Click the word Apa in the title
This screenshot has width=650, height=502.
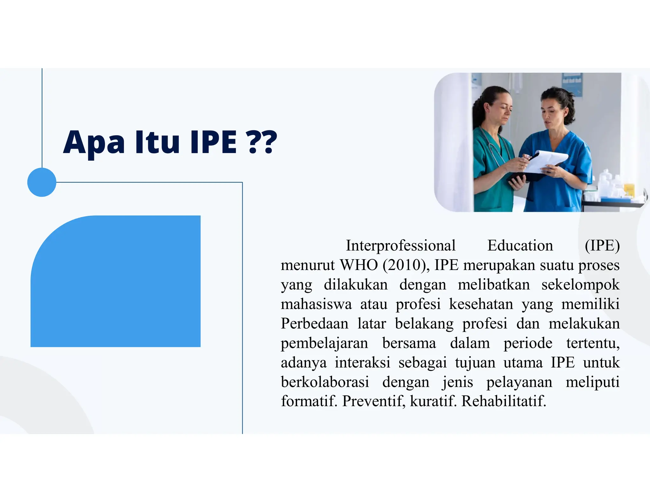tap(94, 143)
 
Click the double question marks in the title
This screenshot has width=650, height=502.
tap(262, 142)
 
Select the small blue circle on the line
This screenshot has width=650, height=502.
tap(42, 182)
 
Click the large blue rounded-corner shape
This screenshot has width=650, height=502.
tap(116, 281)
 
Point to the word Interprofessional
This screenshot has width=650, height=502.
tap(401, 246)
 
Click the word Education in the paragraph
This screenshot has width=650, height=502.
tap(520, 246)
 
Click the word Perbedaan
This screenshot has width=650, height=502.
tap(315, 324)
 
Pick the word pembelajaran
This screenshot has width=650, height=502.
tap(324, 343)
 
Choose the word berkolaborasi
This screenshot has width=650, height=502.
tap(325, 382)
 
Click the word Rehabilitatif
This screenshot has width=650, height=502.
tap(503, 401)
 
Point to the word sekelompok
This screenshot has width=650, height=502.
tap(580, 285)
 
